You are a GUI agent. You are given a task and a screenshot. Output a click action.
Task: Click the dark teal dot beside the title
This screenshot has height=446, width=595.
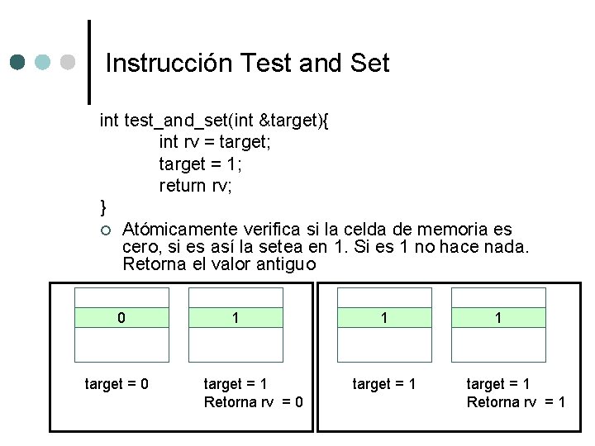click(x=17, y=62)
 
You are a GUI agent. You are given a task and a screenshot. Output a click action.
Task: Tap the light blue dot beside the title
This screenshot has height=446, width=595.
click(x=42, y=62)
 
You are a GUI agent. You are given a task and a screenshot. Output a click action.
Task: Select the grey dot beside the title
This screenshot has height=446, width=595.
click(x=68, y=62)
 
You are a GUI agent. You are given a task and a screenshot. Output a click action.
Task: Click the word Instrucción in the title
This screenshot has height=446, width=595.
click(x=169, y=63)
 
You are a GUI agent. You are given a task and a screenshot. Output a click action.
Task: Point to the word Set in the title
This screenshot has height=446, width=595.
click(x=370, y=63)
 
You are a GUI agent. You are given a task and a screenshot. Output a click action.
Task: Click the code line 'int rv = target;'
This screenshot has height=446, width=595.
click(x=215, y=142)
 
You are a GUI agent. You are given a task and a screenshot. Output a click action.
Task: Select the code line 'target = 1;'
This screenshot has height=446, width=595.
click(x=200, y=164)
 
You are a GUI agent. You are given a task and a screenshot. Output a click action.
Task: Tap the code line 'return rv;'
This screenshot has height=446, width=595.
click(x=195, y=186)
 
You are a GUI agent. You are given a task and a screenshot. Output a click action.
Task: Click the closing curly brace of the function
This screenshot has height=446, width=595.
click(x=102, y=207)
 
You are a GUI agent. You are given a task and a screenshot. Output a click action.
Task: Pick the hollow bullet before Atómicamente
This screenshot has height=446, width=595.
click(x=106, y=230)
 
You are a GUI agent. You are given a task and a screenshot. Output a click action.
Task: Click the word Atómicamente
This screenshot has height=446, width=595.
click(x=180, y=230)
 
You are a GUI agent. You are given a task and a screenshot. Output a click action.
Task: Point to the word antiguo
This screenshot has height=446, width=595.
click(x=286, y=265)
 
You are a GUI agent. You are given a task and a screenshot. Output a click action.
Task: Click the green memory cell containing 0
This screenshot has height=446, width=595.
click(x=121, y=317)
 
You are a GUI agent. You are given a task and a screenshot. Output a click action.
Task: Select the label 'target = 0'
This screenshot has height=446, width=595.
click(x=117, y=384)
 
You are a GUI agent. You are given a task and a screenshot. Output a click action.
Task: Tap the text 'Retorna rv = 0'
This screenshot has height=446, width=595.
click(x=254, y=402)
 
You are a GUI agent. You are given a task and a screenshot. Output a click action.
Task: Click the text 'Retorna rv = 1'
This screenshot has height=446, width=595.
click(x=516, y=402)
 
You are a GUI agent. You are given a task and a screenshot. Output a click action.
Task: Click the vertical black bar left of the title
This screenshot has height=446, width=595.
click(x=89, y=62)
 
